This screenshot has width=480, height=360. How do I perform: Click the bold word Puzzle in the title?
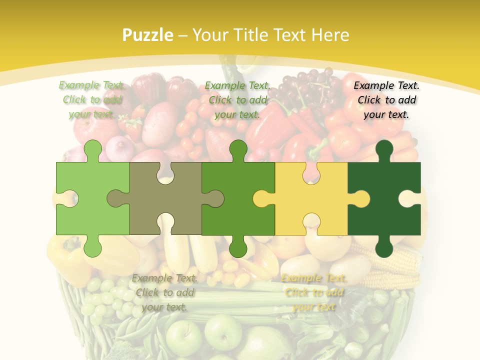click(148, 35)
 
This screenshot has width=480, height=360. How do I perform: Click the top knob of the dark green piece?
click(384, 150)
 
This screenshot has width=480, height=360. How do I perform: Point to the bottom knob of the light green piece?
click(92, 246)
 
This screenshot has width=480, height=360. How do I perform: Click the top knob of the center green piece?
click(238, 150)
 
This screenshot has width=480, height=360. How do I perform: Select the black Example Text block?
click(386, 100)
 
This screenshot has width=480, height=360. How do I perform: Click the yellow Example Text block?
click(313, 292)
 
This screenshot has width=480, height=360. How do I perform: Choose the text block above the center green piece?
click(237, 100)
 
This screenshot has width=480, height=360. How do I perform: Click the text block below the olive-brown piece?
click(164, 292)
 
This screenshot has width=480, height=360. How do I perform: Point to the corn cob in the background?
click(400, 260)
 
